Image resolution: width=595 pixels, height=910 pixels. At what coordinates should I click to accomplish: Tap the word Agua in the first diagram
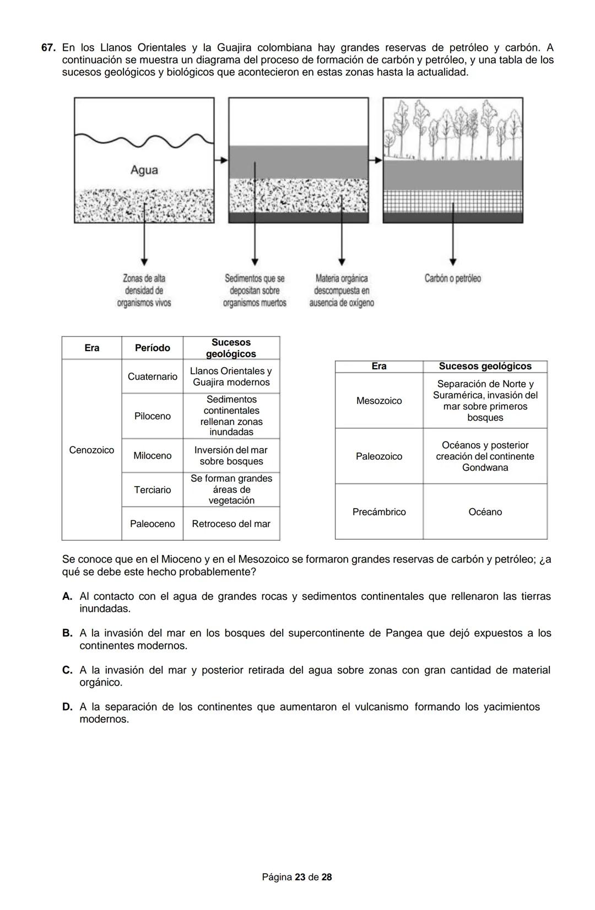point(144,170)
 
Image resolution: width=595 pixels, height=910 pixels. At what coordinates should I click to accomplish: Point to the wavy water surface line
point(144,141)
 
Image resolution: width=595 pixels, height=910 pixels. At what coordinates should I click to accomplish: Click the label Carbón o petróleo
point(452,278)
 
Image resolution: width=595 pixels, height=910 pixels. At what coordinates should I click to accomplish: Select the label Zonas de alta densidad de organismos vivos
point(144,290)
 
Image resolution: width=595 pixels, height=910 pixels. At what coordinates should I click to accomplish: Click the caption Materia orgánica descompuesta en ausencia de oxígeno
point(342,290)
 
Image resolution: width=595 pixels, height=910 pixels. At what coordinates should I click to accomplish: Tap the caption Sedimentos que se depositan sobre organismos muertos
point(255,290)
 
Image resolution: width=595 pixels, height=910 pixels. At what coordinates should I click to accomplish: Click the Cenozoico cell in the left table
point(91,450)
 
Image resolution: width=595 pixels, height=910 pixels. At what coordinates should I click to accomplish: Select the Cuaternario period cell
point(153,376)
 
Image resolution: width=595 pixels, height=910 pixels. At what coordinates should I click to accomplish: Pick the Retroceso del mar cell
point(231,524)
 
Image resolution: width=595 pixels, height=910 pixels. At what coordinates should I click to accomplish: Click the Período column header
point(153,348)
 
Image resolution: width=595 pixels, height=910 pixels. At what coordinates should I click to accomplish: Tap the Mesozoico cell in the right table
point(379,401)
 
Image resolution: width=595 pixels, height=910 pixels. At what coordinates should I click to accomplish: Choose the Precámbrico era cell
point(379,511)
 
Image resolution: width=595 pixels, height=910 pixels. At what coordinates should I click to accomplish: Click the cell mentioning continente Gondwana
point(485,456)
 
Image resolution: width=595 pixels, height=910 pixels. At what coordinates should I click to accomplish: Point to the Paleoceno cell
point(153,524)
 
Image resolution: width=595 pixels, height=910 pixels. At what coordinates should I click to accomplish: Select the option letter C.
point(67,670)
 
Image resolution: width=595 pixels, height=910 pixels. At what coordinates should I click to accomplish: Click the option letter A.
point(67,596)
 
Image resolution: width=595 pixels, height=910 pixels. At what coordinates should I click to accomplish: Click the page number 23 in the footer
point(300,877)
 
